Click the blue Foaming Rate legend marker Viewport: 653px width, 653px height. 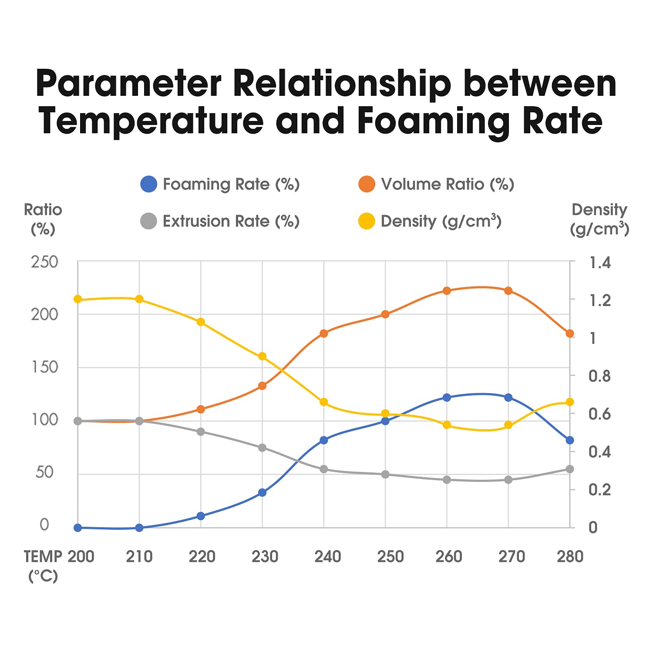pyautogui.click(x=148, y=184)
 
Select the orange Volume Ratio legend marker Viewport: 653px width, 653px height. pyautogui.click(x=367, y=184)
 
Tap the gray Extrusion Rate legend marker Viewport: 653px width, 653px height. pyautogui.click(x=148, y=221)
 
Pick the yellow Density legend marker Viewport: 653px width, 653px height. pyautogui.click(x=367, y=221)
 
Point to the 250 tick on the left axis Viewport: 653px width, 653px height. pyautogui.click(x=44, y=262)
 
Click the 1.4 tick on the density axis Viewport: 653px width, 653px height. pyautogui.click(x=600, y=263)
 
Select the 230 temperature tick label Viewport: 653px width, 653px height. pyautogui.click(x=265, y=556)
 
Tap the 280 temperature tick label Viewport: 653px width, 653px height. pyautogui.click(x=570, y=556)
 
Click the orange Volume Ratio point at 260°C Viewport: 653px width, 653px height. pyautogui.click(x=447, y=291)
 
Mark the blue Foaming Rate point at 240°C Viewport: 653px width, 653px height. pyautogui.click(x=323, y=440)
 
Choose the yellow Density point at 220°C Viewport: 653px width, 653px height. pyautogui.click(x=201, y=322)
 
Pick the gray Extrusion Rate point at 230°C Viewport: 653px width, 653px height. pyautogui.click(x=262, y=448)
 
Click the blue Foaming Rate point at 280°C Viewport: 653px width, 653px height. pyautogui.click(x=570, y=440)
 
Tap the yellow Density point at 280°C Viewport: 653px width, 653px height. pyautogui.click(x=570, y=402)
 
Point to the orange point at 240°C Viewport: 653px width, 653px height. pyautogui.click(x=323, y=333)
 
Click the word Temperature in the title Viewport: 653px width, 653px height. pyautogui.click(x=151, y=121)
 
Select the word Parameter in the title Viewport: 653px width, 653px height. pyautogui.click(x=128, y=83)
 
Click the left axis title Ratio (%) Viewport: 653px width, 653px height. pyautogui.click(x=43, y=219)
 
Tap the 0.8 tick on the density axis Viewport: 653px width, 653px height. pyautogui.click(x=599, y=376)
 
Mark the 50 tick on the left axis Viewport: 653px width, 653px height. pyautogui.click(x=44, y=472)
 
